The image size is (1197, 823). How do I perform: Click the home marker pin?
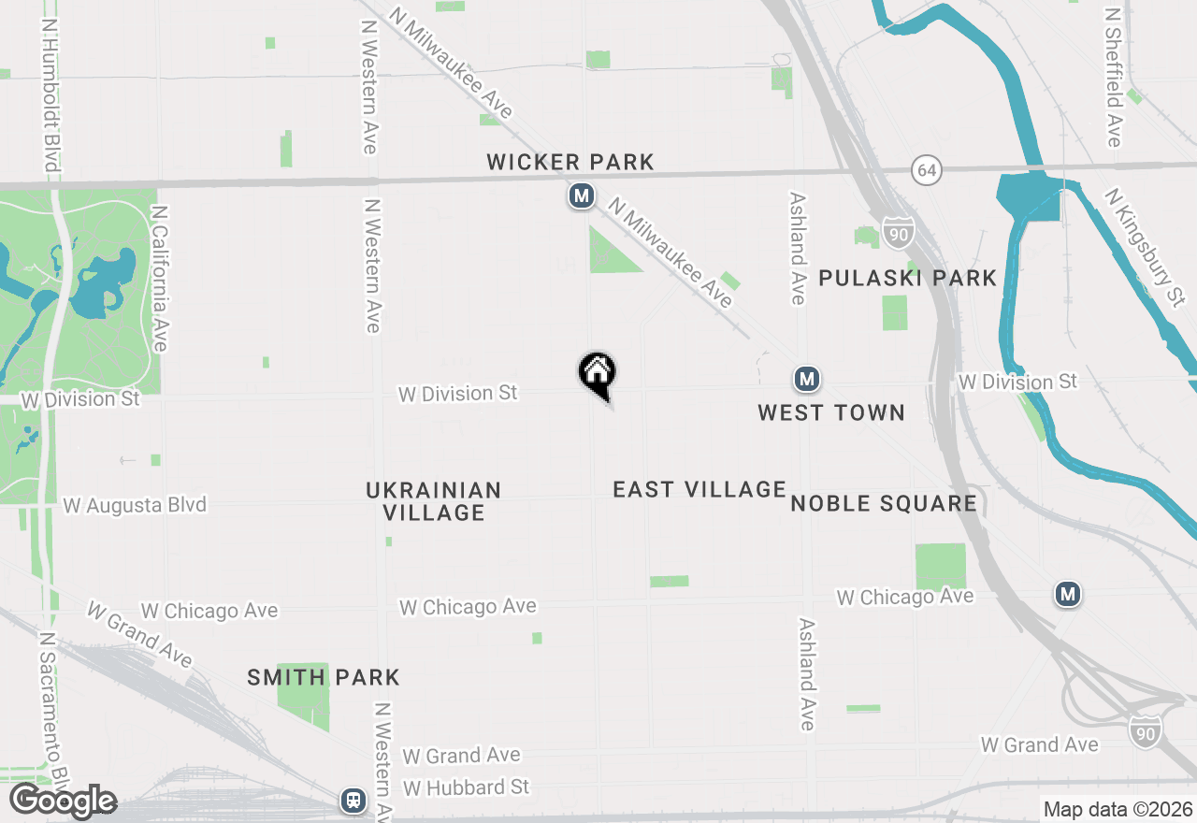pos(598,374)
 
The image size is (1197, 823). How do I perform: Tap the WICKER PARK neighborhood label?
pos(570,162)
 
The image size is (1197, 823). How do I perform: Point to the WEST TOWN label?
pos(831,412)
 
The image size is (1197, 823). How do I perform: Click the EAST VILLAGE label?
pos(699,489)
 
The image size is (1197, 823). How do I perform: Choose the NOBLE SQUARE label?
pos(884,503)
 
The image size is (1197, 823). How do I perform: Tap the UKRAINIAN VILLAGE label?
pos(434,501)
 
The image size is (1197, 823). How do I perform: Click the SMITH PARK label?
pos(324,677)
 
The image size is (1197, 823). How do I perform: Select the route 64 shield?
pos(927,171)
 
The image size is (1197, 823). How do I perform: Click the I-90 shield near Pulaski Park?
pos(897,235)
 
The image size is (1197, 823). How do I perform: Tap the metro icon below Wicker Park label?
pos(582,196)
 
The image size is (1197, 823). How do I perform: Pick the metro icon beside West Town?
pos(807,380)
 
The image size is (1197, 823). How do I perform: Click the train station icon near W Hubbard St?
pos(353,800)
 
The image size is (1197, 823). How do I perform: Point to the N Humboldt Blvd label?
pos(50,94)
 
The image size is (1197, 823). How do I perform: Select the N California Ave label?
pos(158,280)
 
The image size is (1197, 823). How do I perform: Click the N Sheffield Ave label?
pos(1113,79)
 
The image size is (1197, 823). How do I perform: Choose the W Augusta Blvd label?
pos(135,505)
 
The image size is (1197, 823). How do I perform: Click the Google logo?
pos(63,801)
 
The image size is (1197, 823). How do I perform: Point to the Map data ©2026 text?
pos(1118,809)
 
